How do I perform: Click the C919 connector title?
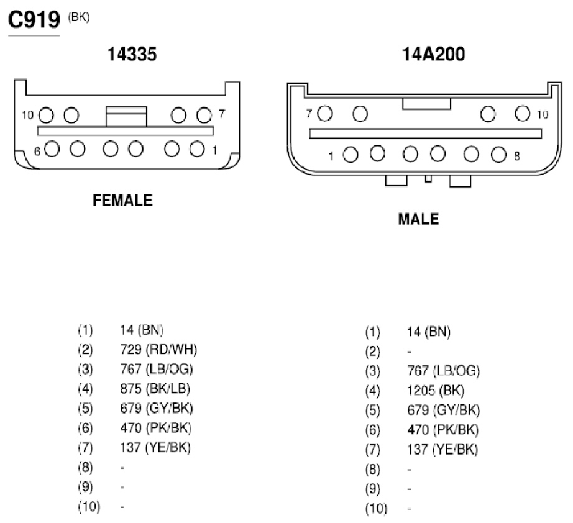point(34,19)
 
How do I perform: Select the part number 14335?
point(132,54)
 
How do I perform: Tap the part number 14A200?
point(433,54)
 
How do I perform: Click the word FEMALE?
point(122,200)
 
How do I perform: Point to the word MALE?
point(418,219)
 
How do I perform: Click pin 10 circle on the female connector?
point(46,116)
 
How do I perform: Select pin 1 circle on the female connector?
point(197,149)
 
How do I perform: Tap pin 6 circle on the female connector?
point(52,149)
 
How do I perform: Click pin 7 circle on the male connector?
point(325,113)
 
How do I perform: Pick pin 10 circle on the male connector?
point(523,113)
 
